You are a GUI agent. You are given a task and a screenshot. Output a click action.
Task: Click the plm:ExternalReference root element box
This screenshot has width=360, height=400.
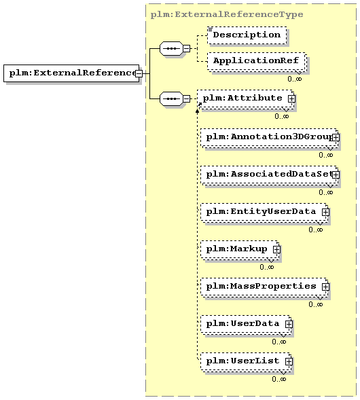pos(71,73)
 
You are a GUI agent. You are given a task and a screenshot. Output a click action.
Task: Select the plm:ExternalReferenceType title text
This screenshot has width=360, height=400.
pos(227,14)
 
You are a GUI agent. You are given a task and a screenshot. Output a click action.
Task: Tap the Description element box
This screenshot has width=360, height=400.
pos(247,35)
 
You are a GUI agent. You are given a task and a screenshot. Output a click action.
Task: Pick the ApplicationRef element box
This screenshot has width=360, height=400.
pos(257,61)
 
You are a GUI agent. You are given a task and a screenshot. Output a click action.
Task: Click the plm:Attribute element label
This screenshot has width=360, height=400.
pos(242,98)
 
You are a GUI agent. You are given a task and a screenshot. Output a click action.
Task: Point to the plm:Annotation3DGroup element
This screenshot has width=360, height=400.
pos(269,137)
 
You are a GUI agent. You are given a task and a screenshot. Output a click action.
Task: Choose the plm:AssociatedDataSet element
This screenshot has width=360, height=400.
pos(269,175)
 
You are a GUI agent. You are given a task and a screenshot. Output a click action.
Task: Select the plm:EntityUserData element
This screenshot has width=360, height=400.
pos(264,212)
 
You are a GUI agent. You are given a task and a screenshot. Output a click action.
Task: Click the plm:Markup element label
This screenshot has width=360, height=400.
pos(236,249)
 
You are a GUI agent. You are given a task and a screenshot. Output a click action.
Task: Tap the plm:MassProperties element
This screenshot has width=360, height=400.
pos(264,287)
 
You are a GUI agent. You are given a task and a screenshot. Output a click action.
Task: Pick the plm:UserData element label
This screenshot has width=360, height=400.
pos(242,324)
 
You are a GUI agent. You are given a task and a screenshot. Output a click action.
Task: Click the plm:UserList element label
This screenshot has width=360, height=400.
pos(242,361)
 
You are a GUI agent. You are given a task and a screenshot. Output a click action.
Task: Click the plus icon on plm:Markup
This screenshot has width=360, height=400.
pos(276,249)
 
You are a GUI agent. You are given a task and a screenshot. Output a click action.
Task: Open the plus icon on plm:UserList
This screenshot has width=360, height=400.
pos(289,361)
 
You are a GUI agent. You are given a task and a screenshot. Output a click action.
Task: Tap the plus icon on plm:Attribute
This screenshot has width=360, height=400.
pos(291,98)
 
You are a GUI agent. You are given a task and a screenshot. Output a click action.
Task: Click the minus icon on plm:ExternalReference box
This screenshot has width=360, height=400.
pos(139,74)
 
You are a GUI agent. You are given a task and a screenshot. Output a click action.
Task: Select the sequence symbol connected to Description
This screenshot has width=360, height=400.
pos(171,48)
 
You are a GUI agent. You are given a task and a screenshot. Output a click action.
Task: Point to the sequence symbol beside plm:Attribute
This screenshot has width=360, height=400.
pos(171,98)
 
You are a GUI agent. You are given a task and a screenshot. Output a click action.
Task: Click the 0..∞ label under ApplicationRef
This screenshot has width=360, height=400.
pos(295,79)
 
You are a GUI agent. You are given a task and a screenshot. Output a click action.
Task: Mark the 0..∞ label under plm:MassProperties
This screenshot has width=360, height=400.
pos(316,304)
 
